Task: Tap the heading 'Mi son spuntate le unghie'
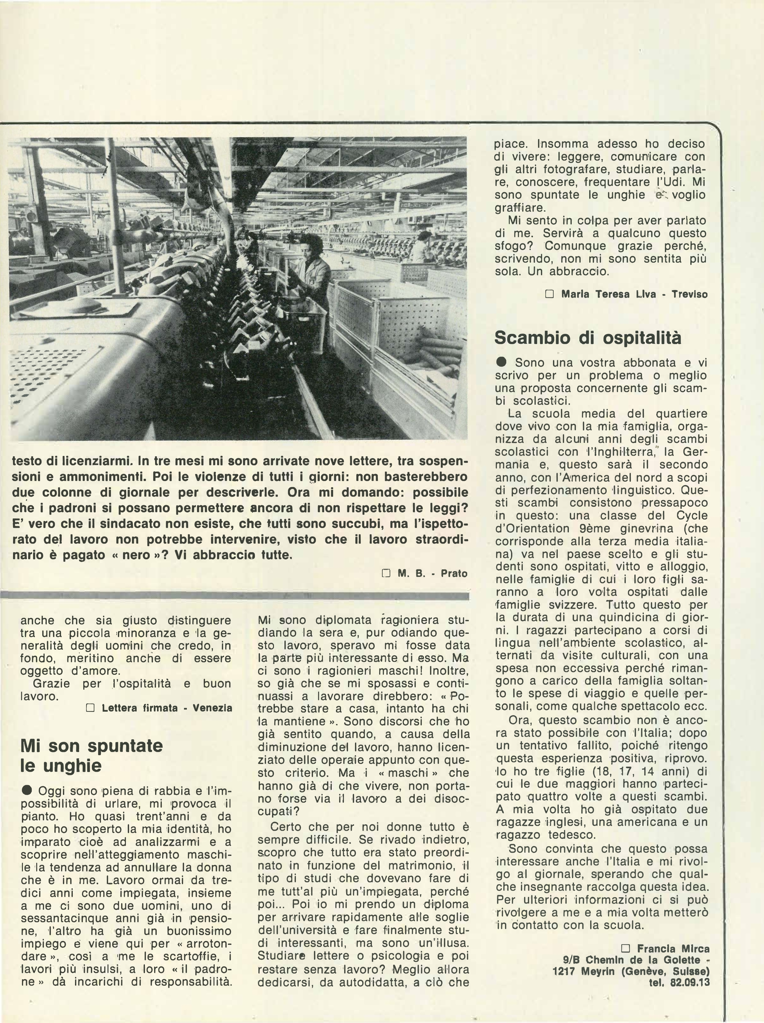[92, 756]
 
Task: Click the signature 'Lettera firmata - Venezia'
[167, 708]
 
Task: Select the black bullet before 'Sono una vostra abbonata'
[502, 363]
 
